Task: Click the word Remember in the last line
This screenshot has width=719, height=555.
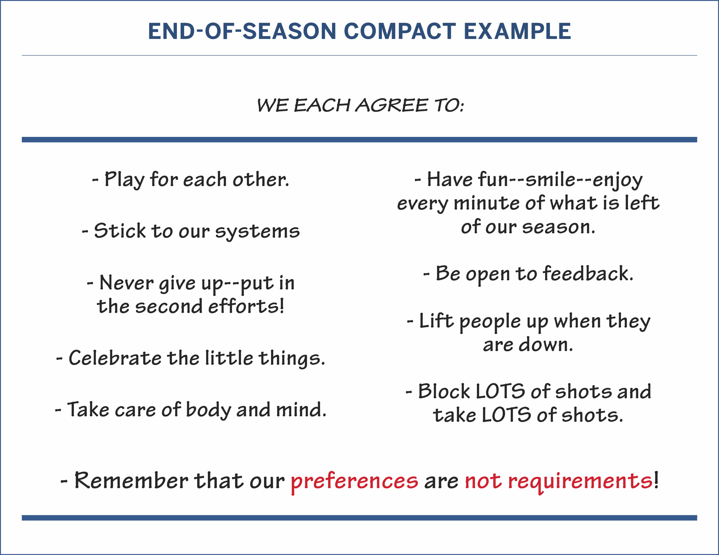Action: [131, 481]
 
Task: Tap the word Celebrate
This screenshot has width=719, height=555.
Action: [115, 358]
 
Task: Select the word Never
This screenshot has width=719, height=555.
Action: [126, 283]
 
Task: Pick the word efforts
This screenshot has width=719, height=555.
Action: [246, 306]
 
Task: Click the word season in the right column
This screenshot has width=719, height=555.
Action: [559, 227]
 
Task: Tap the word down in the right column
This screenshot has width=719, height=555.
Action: [545, 345]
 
